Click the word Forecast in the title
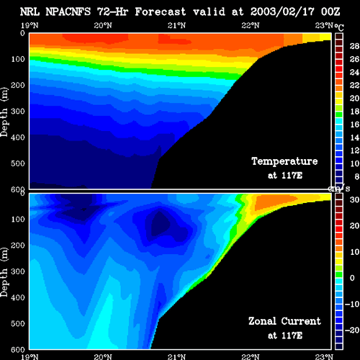tap(161, 12)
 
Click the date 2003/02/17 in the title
tap(282, 12)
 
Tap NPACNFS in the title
tap(68, 12)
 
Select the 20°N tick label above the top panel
tap(103, 25)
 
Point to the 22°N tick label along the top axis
tap(251, 25)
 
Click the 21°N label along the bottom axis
tap(176, 356)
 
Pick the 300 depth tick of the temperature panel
tap(18, 112)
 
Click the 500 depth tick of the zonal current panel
tap(18, 323)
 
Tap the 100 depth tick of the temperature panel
tap(18, 59)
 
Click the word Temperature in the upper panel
tap(284, 161)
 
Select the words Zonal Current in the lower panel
tap(284, 321)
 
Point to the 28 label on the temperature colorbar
tap(354, 46)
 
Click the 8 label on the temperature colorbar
tap(357, 176)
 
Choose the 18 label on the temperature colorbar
tap(354, 112)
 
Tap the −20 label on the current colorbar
tap(352, 330)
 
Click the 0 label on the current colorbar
tap(352, 278)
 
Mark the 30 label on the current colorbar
tap(354, 199)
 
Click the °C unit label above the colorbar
tap(339, 27)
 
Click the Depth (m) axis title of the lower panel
tap(4, 272)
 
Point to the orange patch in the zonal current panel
tap(274, 201)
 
